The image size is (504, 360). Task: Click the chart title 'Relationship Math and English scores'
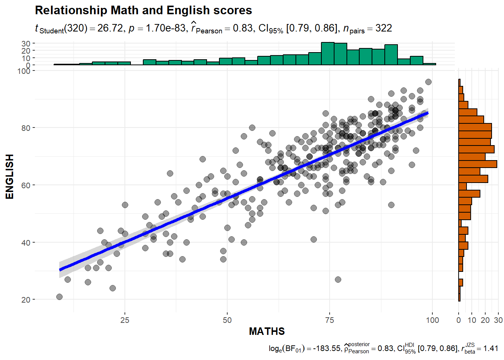pos(143,10)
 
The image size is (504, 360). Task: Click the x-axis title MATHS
pos(267,331)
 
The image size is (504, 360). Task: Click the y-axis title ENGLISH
pos(9,176)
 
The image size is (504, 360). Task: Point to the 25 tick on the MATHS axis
pos(125,320)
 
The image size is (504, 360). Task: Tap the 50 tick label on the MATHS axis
pos(227,320)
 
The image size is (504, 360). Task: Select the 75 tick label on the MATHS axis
pos(330,320)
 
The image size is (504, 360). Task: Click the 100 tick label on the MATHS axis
pos(432,320)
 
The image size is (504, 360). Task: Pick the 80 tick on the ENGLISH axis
pos(26,128)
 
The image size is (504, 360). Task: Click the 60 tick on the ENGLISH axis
pos(26,185)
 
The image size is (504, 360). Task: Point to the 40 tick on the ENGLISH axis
pos(26,243)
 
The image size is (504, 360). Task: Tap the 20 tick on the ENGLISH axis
pos(26,300)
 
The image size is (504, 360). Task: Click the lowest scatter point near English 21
pos(59,297)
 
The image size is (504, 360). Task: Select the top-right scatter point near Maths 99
pos(428,82)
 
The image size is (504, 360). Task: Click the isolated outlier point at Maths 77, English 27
pos(338,279)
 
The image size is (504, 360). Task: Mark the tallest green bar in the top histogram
pos(328,53)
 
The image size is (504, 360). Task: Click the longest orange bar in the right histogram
pos(477,164)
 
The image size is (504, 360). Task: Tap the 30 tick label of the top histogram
pos(26,43)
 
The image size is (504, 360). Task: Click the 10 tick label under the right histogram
pos(472,320)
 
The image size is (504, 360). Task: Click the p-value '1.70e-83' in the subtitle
pos(165,28)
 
